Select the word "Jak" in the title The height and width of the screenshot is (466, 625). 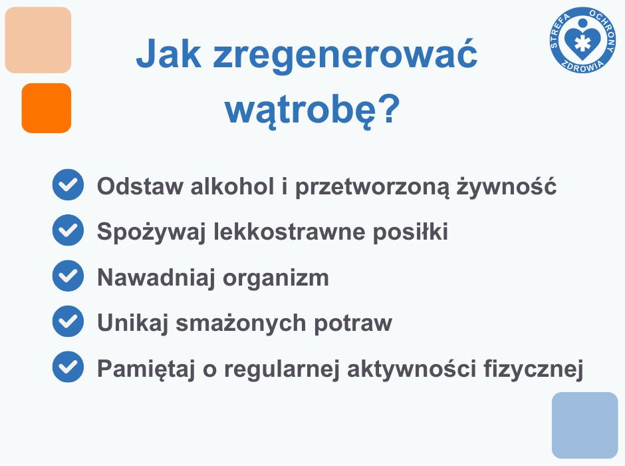pyautogui.click(x=169, y=53)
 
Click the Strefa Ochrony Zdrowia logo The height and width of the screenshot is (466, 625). pyautogui.click(x=582, y=41)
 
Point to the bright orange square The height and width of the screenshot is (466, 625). pyautogui.click(x=47, y=108)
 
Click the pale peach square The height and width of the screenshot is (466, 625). pyautogui.click(x=38, y=40)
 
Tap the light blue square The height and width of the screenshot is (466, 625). pyautogui.click(x=584, y=425)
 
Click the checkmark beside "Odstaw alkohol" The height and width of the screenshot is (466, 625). pyautogui.click(x=68, y=184)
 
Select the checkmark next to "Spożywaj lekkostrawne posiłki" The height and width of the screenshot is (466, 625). pyautogui.click(x=68, y=230)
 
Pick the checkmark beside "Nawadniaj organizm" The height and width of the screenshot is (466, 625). pyautogui.click(x=68, y=276)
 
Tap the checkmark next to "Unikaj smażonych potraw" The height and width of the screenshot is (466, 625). pyautogui.click(x=68, y=322)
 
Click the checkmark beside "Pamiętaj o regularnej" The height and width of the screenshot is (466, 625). pyautogui.click(x=68, y=367)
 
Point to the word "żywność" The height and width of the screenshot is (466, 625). pyautogui.click(x=506, y=186)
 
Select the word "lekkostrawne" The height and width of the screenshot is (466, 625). pyautogui.click(x=289, y=232)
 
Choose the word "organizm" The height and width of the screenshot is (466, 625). pyautogui.click(x=276, y=278)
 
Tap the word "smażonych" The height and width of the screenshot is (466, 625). pyautogui.click(x=241, y=322)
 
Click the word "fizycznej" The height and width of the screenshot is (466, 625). pyautogui.click(x=533, y=369)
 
